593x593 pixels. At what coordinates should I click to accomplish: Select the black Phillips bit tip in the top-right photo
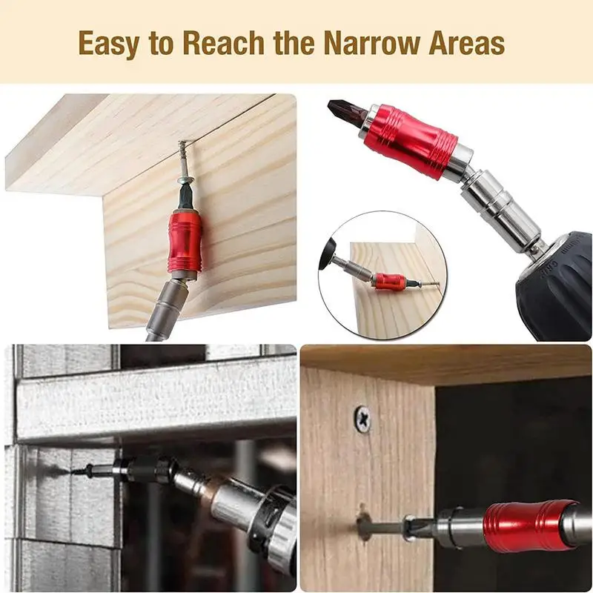(345, 113)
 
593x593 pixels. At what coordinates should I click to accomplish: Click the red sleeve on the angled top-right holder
(410, 141)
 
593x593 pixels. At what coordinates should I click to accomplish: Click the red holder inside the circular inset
(391, 282)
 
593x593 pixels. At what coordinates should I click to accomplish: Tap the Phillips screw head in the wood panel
(362, 418)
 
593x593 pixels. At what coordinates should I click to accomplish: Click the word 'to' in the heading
(161, 44)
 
